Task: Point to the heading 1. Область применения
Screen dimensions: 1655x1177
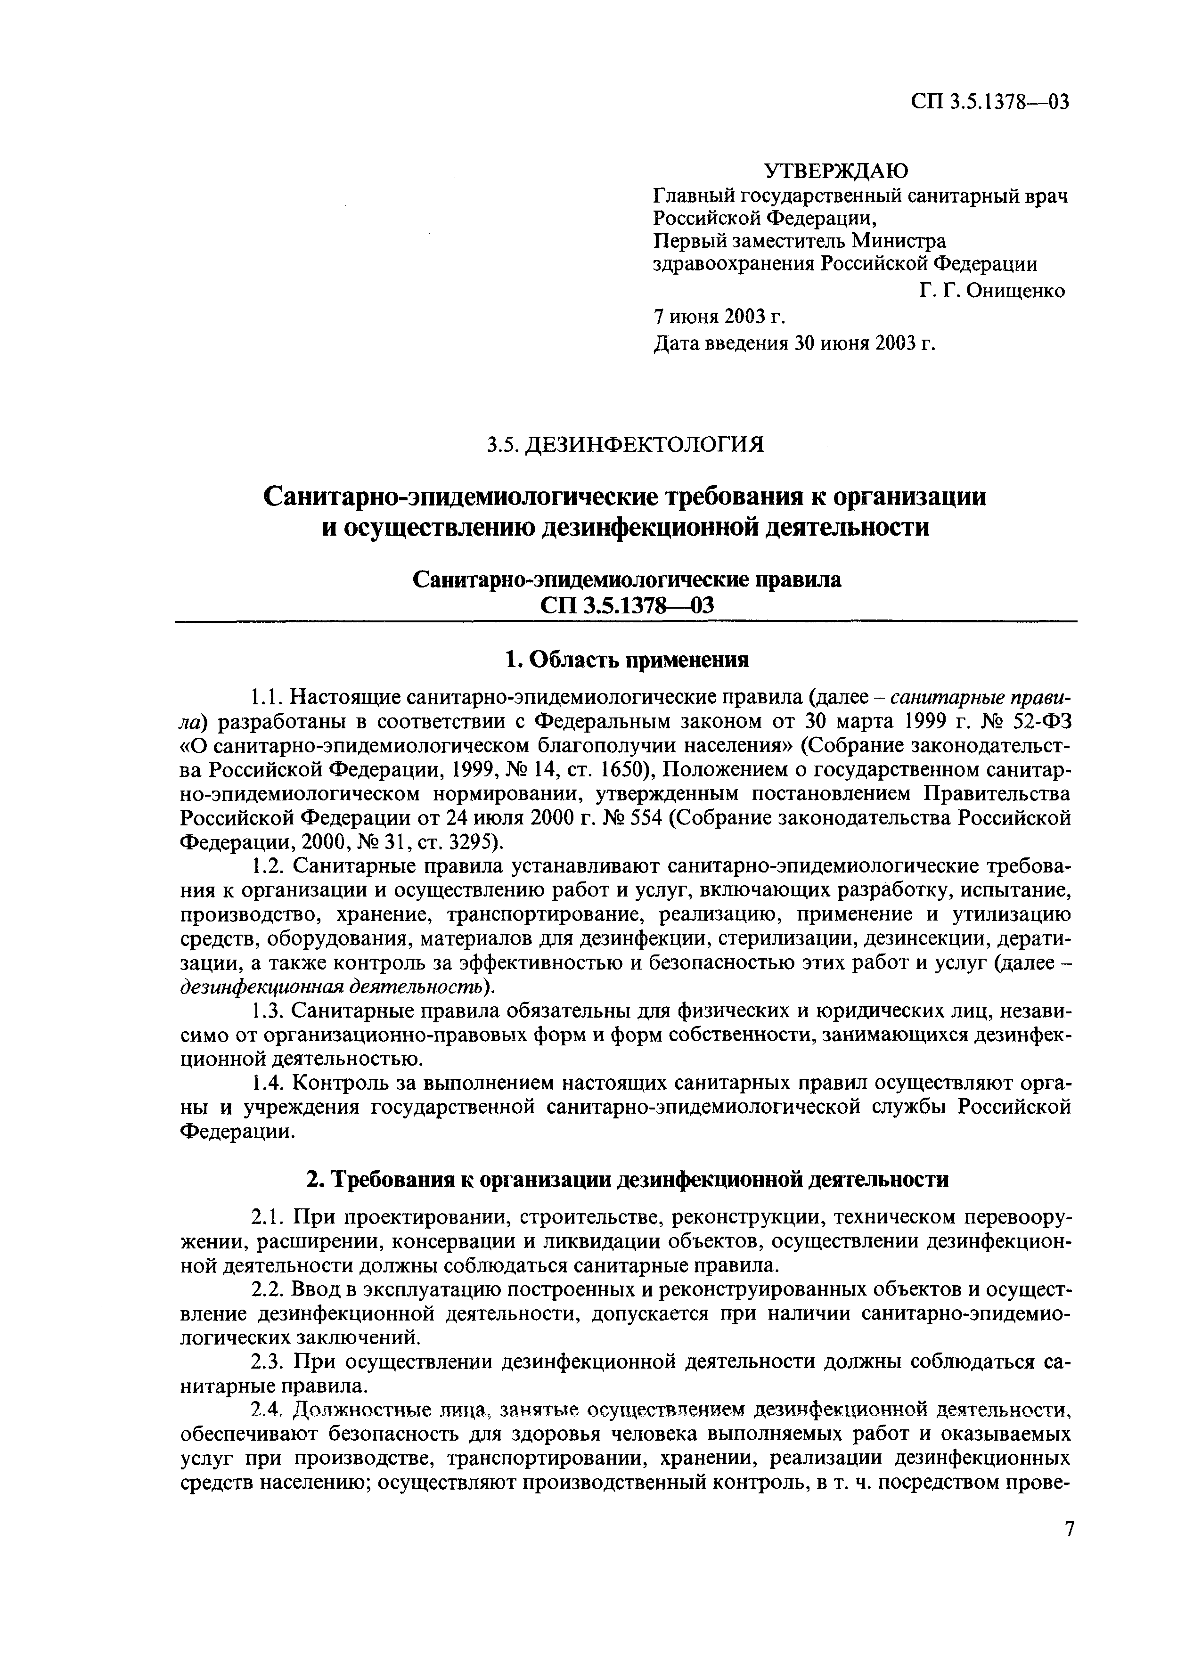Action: pyautogui.click(x=625, y=660)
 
